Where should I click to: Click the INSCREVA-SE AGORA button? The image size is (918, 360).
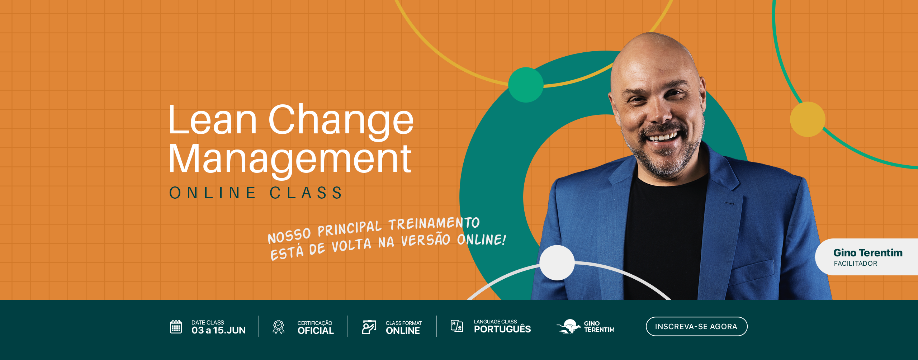click(x=696, y=326)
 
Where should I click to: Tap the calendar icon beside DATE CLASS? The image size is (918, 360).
click(x=176, y=327)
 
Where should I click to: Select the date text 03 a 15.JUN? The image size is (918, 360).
click(x=218, y=330)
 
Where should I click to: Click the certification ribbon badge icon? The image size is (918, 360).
click(x=279, y=327)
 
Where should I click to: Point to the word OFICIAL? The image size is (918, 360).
click(x=316, y=331)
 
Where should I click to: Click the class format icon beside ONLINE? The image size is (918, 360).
click(x=369, y=327)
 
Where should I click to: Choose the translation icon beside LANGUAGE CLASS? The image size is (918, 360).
click(x=457, y=326)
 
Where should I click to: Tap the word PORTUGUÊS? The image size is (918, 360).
click(x=502, y=329)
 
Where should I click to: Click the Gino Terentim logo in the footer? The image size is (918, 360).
click(x=585, y=326)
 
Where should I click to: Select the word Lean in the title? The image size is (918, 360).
click(x=213, y=120)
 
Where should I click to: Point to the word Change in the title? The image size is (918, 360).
click(x=341, y=121)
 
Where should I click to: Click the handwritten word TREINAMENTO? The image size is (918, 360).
click(x=434, y=224)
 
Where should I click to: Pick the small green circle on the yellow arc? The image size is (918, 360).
click(x=526, y=85)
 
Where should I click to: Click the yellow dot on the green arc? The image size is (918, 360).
click(x=808, y=119)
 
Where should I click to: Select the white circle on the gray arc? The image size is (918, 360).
click(x=557, y=263)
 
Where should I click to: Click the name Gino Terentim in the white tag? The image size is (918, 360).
click(x=868, y=253)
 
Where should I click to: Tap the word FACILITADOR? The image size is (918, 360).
click(x=856, y=264)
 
